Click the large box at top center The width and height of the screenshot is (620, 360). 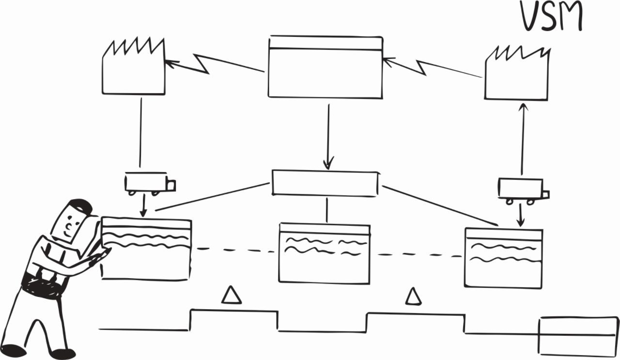(x=325, y=67)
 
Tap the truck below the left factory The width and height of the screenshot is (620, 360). (x=149, y=184)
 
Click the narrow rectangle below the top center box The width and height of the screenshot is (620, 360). (x=325, y=183)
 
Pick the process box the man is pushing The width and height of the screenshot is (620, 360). (x=147, y=249)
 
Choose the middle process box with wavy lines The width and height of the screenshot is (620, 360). (x=325, y=253)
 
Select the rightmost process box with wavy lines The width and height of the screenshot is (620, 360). (x=503, y=257)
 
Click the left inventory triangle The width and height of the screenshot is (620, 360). (x=231, y=295)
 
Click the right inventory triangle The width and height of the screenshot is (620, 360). (x=413, y=297)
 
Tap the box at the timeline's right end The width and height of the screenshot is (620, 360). (x=579, y=336)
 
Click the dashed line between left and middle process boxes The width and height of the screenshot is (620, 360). (x=235, y=250)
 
